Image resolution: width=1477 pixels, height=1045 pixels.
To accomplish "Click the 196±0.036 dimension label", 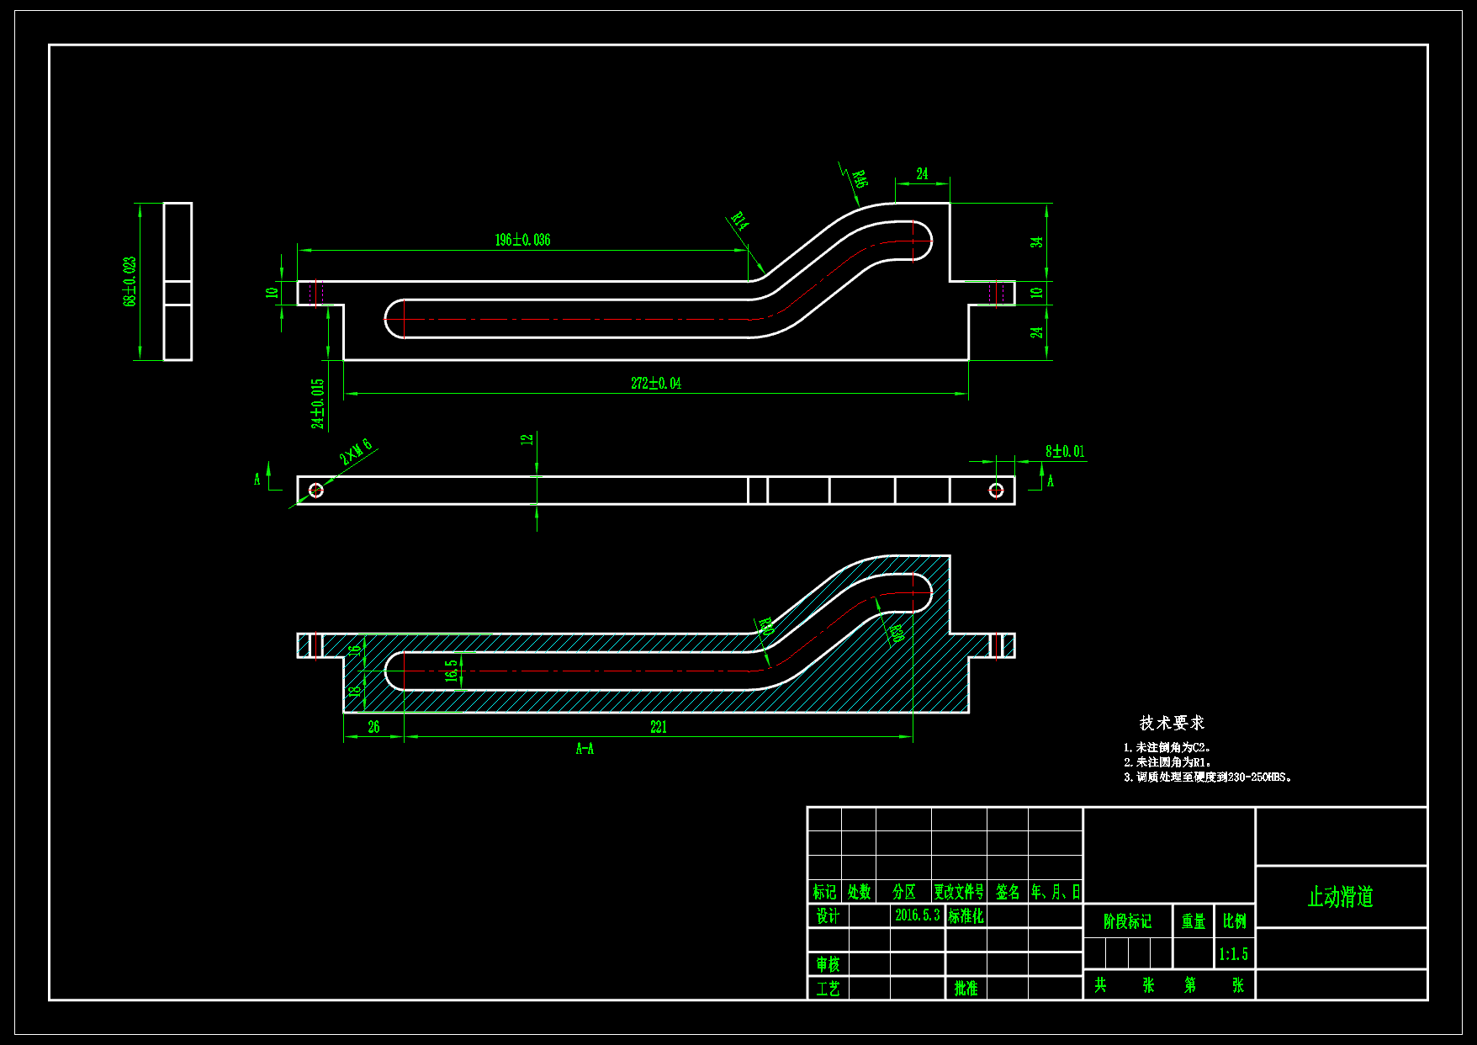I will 522,240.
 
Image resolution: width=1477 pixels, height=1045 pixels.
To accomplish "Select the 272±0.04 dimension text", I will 656,383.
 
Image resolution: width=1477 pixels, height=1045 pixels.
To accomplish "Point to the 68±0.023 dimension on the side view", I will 130,282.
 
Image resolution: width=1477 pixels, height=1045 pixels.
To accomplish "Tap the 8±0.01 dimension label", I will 1065,452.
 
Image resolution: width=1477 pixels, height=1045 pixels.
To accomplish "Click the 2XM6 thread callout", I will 356,452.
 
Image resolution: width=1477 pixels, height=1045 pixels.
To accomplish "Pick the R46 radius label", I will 859,179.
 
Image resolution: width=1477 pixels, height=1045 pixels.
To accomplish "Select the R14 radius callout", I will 738,221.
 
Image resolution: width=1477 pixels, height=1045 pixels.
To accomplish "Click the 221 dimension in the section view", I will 659,727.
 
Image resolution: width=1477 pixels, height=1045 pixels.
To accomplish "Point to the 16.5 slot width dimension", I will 452,670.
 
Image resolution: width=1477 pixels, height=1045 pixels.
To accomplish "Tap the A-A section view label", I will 585,749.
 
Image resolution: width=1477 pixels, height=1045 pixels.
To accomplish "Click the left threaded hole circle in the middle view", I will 316,490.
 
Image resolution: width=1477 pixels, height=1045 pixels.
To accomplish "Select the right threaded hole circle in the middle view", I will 996,490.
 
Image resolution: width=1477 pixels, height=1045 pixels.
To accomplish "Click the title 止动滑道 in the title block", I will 1340,897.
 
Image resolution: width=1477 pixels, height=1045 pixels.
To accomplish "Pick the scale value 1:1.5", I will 1233,954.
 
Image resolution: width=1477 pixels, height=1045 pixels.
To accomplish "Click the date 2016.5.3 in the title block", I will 917,915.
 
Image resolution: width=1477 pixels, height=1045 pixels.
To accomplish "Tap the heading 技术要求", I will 1172,723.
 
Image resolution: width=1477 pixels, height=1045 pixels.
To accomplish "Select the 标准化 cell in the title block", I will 966,915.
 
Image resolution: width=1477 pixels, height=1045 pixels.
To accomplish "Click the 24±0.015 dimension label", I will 318,404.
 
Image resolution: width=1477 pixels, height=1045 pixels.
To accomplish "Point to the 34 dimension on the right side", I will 1037,241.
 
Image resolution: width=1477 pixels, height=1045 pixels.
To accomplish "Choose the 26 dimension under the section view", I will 373,727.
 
